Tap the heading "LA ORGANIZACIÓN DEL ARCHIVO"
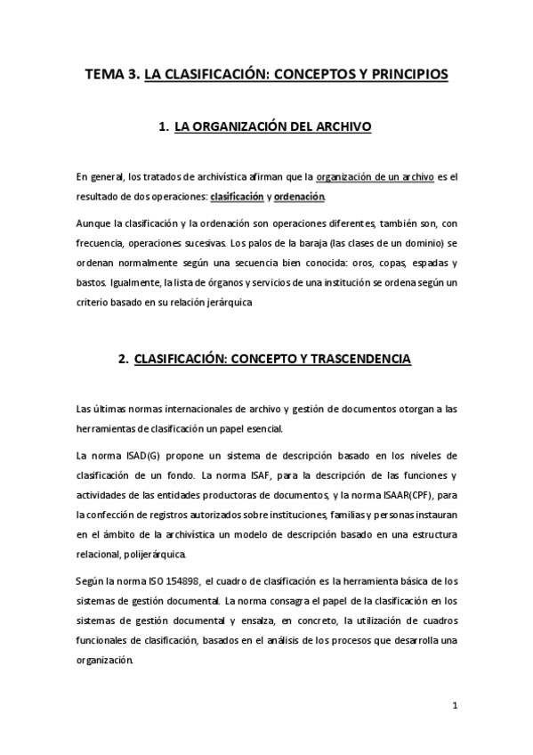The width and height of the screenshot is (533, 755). point(272,128)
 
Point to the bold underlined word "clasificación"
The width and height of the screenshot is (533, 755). point(237,196)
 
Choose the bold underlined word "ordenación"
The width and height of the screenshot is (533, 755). point(299,196)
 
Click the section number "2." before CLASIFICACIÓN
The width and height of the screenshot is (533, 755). point(124,360)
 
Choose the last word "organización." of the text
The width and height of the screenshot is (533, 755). point(105,662)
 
